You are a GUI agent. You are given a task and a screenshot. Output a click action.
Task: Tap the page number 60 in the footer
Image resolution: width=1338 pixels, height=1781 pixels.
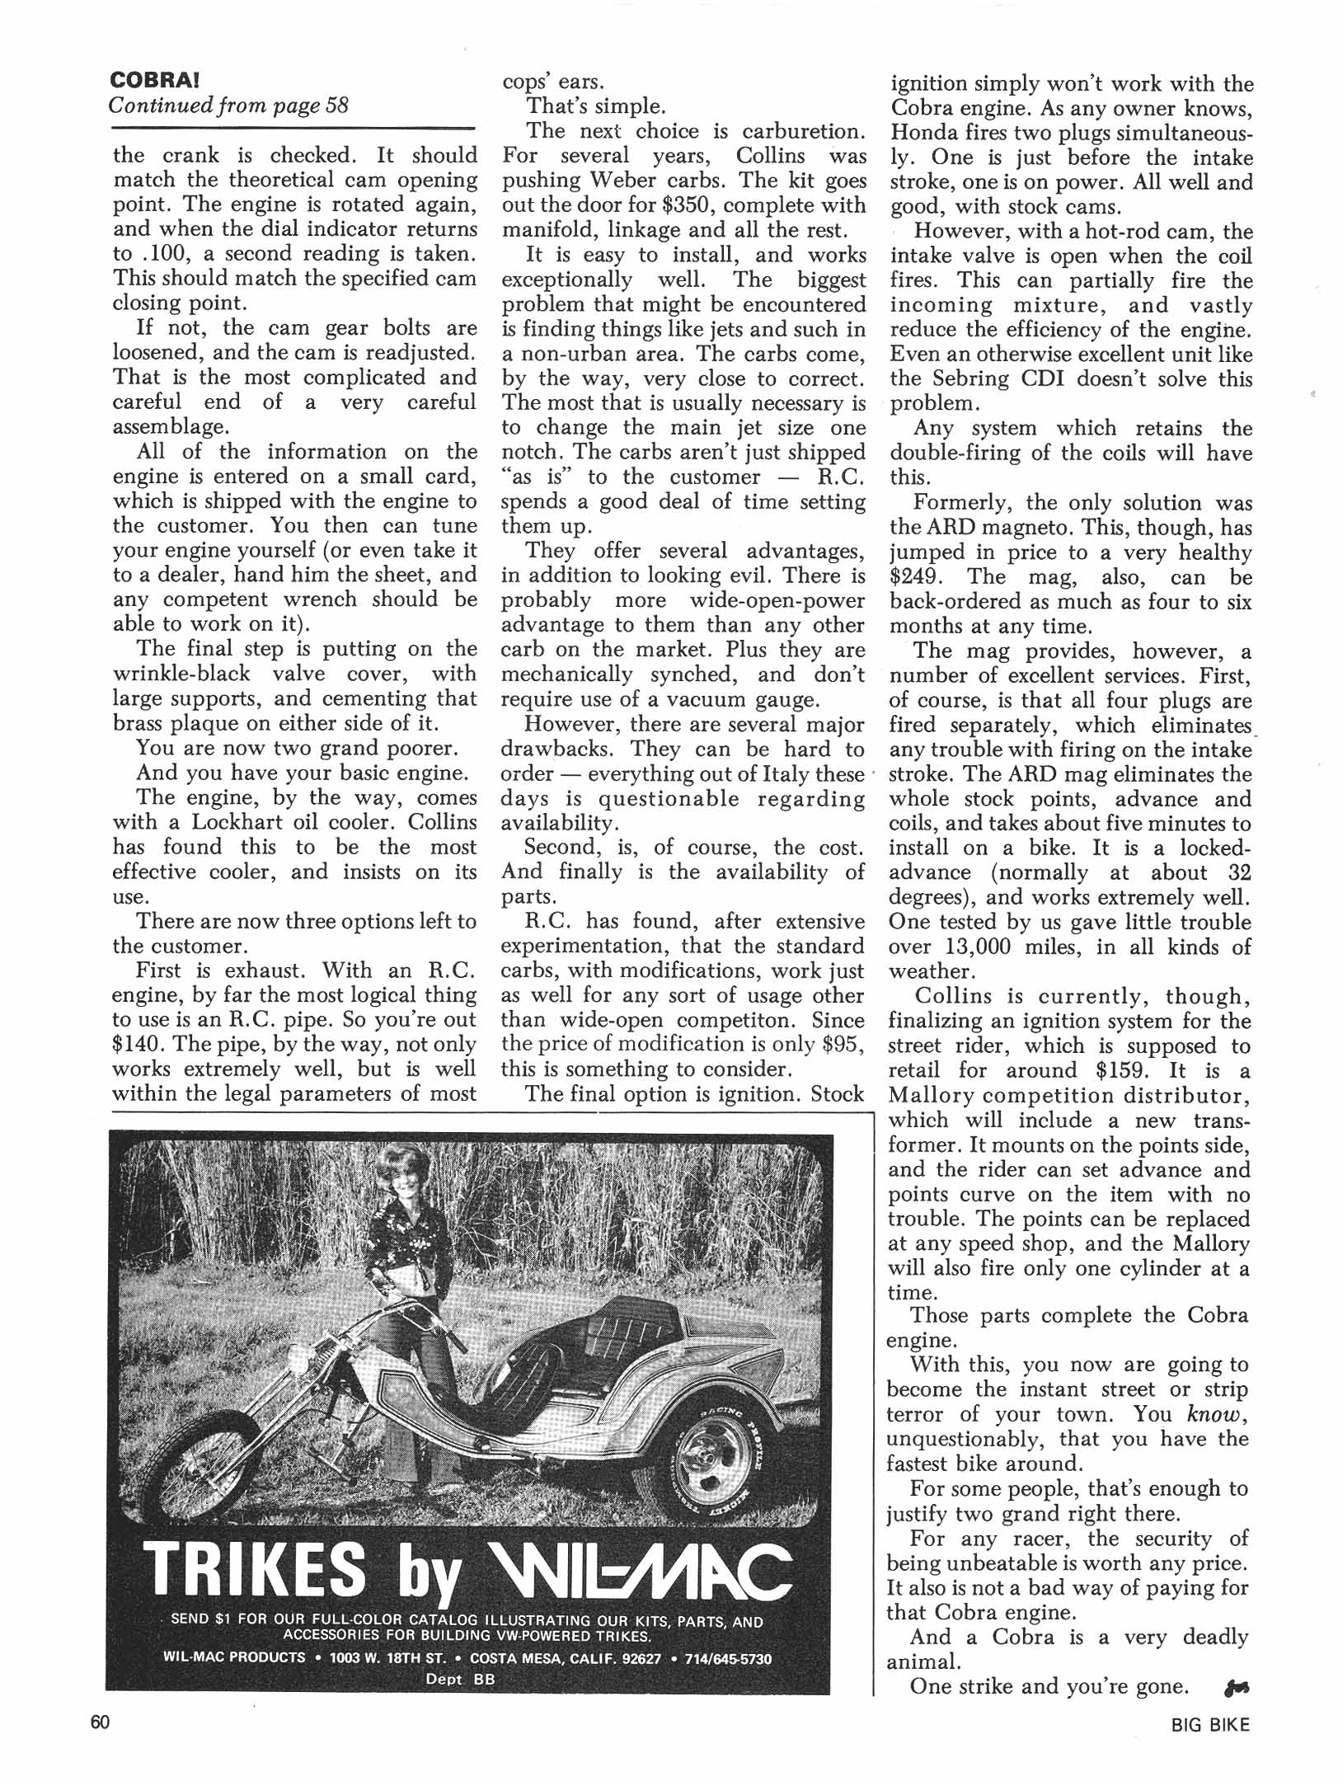click(x=101, y=1722)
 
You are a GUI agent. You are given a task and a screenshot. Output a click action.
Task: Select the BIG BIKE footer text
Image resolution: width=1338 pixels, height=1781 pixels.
click(x=1209, y=1724)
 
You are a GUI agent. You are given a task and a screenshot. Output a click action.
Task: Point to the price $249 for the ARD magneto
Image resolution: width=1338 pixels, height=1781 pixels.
click(x=916, y=577)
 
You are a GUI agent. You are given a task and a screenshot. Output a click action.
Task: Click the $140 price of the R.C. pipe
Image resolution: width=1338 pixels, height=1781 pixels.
click(x=136, y=1045)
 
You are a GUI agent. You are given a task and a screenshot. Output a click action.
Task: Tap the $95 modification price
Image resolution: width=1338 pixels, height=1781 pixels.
click(x=842, y=1045)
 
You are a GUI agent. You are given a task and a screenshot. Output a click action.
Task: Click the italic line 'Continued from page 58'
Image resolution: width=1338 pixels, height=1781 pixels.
click(x=229, y=106)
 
